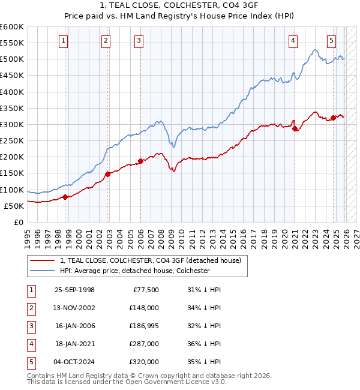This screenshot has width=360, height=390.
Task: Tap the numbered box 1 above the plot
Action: pos(64,41)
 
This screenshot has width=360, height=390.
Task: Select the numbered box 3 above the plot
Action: pos(139,41)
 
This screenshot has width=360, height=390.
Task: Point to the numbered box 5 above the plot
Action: pos(331,41)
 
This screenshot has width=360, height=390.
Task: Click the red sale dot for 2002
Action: pos(107,174)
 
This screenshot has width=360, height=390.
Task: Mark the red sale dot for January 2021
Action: pos(295,128)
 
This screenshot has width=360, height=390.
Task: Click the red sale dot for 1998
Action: pos(65,197)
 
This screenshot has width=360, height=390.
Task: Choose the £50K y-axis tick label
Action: pos(13,206)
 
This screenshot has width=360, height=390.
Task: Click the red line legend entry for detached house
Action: pos(150,260)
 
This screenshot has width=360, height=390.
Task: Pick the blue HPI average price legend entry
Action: pos(134,271)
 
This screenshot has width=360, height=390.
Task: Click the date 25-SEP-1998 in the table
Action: pos(74,290)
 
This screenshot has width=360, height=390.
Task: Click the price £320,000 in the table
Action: pos(144,362)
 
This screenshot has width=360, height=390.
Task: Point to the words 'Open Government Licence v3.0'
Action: pos(176,382)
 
